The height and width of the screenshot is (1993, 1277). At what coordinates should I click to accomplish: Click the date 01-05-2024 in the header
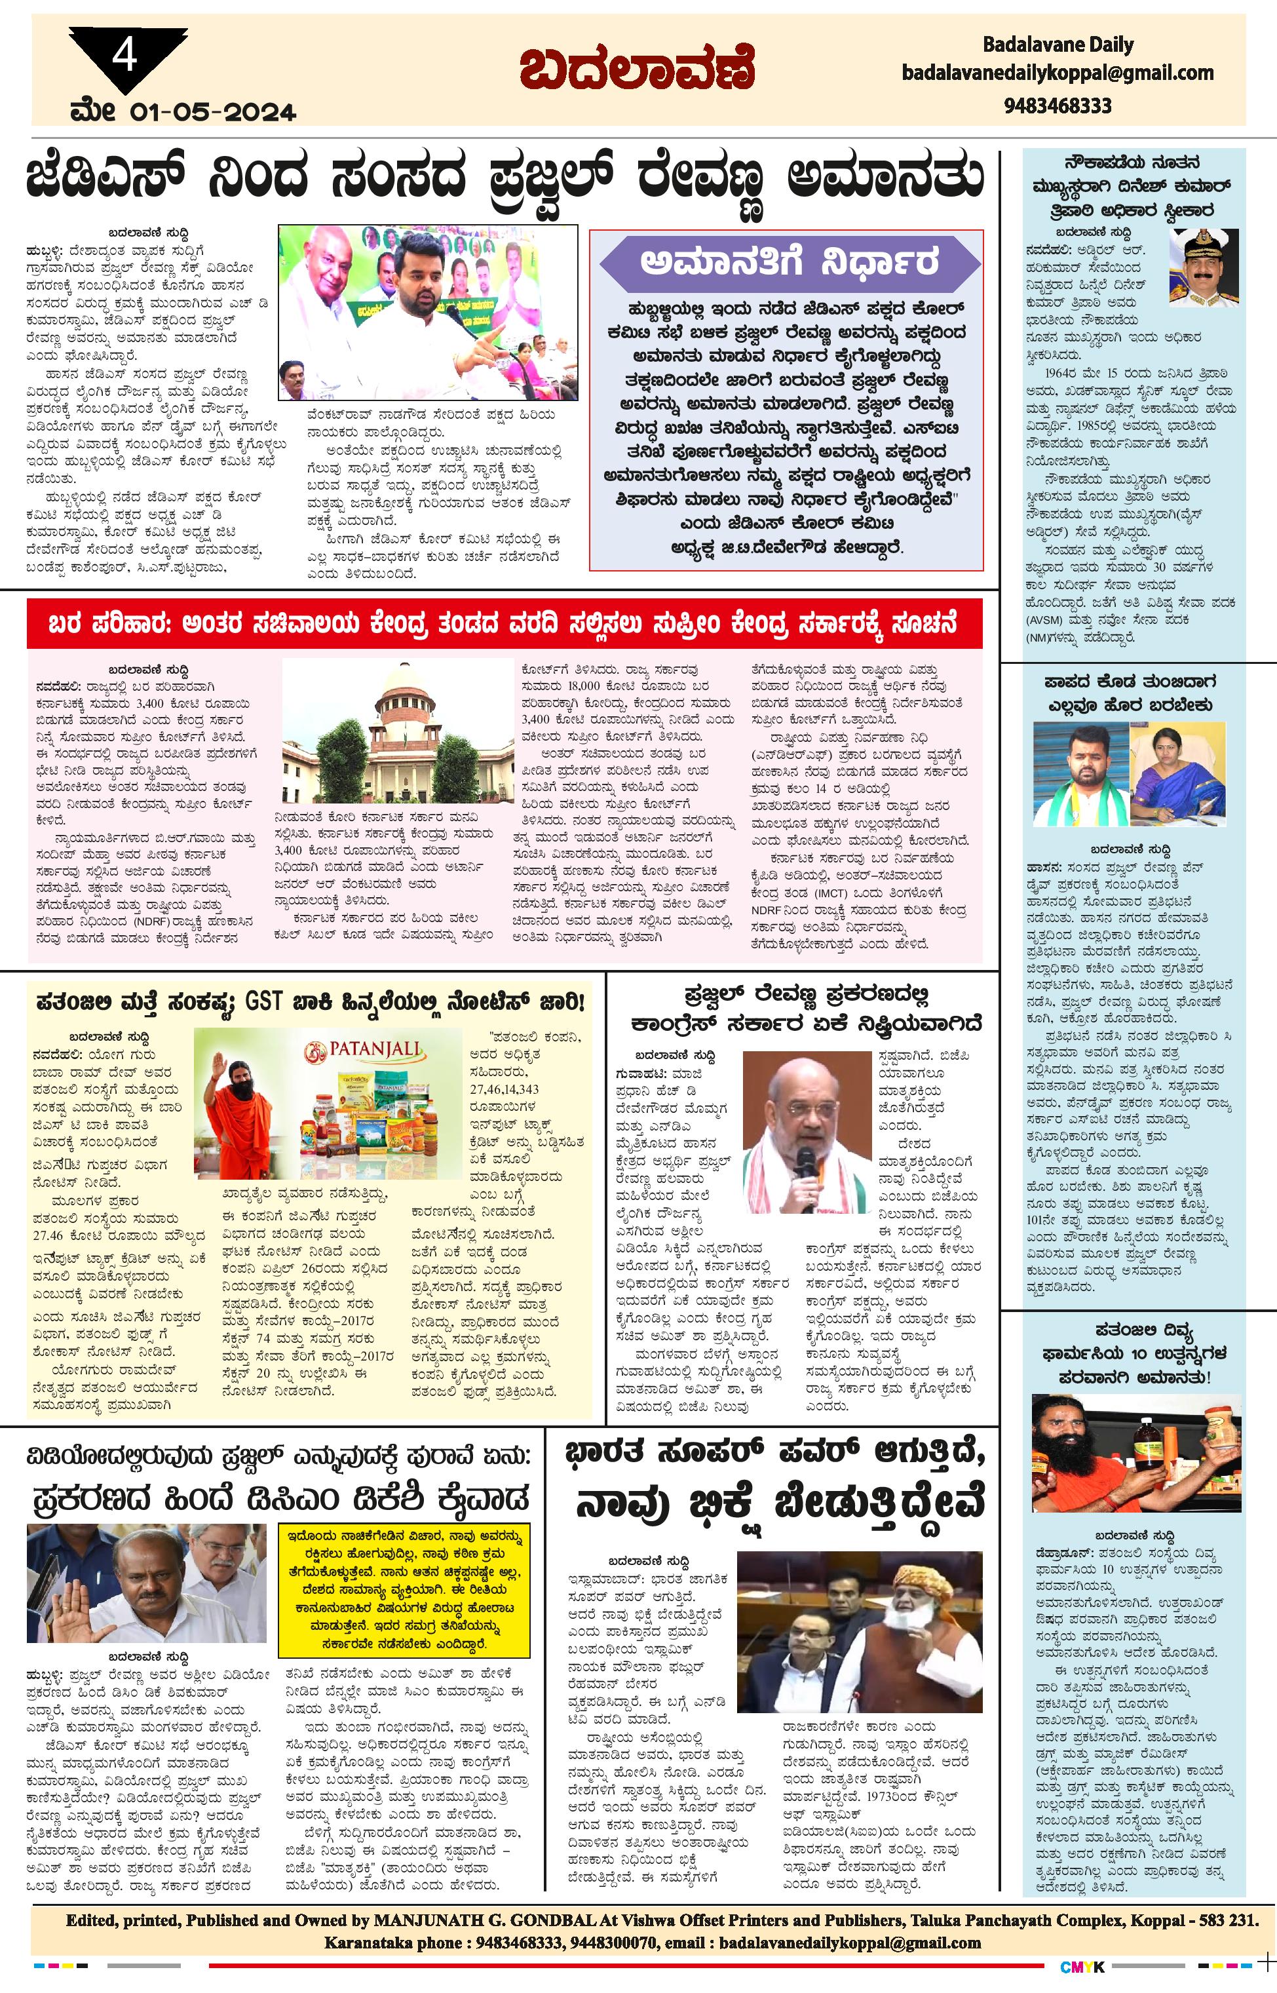pos(212,111)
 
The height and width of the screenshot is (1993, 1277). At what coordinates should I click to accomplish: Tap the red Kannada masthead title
pos(637,69)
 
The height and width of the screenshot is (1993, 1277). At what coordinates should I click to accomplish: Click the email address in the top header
pos(1058,73)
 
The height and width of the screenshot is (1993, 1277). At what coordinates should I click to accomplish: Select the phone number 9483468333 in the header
pos(1058,106)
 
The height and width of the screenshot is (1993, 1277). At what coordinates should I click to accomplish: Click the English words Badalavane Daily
pos(1058,45)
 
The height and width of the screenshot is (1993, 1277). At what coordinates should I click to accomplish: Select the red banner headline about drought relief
pos(503,624)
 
